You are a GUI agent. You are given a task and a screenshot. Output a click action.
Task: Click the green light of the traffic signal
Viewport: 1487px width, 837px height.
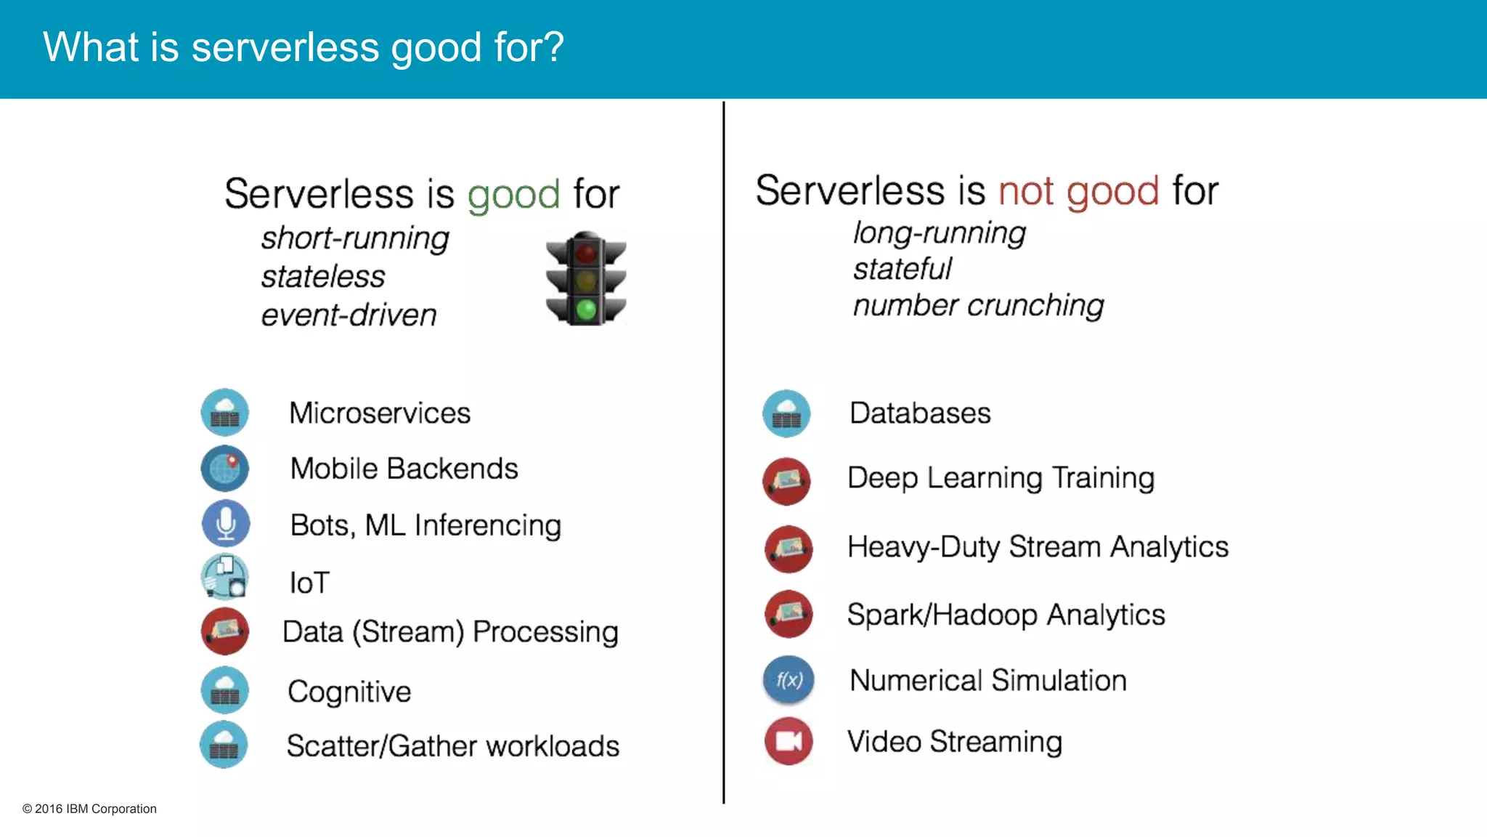pyautogui.click(x=586, y=310)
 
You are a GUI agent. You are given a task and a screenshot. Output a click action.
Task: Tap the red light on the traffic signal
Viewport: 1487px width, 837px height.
pyautogui.click(x=586, y=254)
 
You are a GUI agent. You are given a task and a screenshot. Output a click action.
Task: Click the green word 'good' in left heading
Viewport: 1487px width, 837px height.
pyautogui.click(x=513, y=195)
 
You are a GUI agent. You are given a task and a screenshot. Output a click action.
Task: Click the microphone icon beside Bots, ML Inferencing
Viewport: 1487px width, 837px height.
pyautogui.click(x=226, y=524)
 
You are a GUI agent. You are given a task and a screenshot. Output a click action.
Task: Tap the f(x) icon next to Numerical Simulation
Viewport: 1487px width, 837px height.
pyautogui.click(x=789, y=680)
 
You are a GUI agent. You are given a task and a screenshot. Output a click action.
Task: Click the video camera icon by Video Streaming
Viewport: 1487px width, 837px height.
pyautogui.click(x=789, y=741)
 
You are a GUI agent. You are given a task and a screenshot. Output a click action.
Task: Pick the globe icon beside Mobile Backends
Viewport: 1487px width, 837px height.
pyautogui.click(x=225, y=469)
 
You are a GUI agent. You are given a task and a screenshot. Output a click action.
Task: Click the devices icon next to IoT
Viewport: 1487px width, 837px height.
pyautogui.click(x=225, y=577)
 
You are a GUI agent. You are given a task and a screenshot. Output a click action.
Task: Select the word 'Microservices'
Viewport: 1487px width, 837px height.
pyautogui.click(x=380, y=413)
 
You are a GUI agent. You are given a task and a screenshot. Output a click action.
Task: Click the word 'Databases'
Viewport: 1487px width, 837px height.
pyautogui.click(x=920, y=413)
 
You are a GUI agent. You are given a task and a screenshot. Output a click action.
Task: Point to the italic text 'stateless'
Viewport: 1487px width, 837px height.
pyautogui.click(x=323, y=277)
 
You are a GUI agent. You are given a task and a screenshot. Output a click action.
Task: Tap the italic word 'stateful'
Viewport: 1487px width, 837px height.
pyautogui.click(x=902, y=269)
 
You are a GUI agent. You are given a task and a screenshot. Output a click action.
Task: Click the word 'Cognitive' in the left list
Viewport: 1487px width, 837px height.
pyautogui.click(x=349, y=692)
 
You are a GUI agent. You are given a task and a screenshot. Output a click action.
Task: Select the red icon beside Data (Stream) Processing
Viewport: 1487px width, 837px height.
pyautogui.click(x=225, y=631)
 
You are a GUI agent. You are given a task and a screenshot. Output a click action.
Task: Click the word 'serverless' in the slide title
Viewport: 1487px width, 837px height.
pyautogui.click(x=285, y=48)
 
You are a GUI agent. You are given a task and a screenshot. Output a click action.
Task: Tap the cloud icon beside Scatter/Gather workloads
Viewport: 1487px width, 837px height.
pyautogui.click(x=224, y=745)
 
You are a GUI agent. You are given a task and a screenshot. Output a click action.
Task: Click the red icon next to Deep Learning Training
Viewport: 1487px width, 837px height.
pyautogui.click(x=786, y=481)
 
